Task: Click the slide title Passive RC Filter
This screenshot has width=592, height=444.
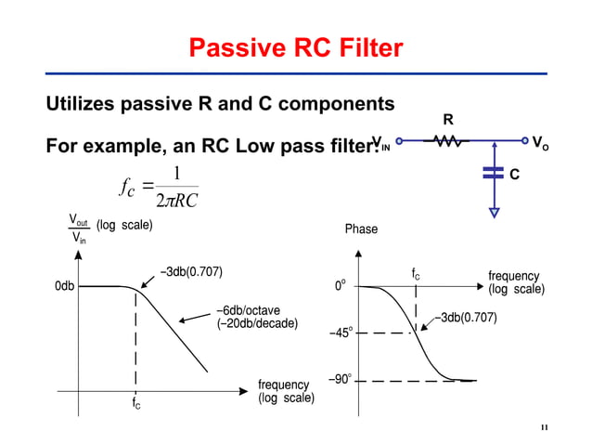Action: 296,48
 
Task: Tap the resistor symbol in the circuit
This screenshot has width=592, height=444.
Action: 447,142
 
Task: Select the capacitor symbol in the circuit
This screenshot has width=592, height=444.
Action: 494,172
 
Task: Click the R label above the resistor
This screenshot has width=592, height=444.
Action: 447,120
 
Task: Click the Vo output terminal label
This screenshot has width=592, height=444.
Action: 539,142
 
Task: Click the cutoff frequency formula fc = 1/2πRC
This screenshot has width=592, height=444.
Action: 159,187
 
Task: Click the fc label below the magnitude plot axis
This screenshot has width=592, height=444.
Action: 135,404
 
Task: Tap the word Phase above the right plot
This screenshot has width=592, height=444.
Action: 361,229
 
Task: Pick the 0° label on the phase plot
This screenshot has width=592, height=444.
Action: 342,287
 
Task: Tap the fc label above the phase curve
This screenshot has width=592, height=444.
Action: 416,274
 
